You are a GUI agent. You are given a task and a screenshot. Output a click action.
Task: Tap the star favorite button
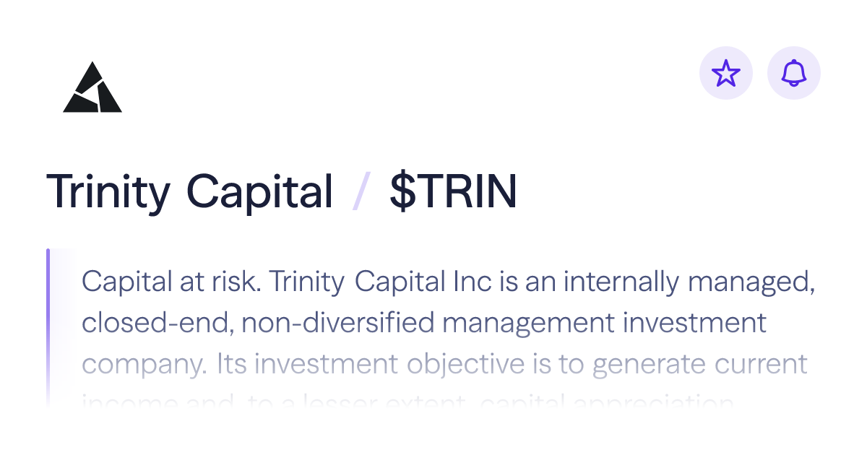point(726,73)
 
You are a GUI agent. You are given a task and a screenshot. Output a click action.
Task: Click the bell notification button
point(793,73)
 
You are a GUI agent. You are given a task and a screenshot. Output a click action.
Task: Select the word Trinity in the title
point(108,191)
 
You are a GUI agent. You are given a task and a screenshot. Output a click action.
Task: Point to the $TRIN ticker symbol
point(453,191)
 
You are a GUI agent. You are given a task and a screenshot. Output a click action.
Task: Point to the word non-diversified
point(337,323)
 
